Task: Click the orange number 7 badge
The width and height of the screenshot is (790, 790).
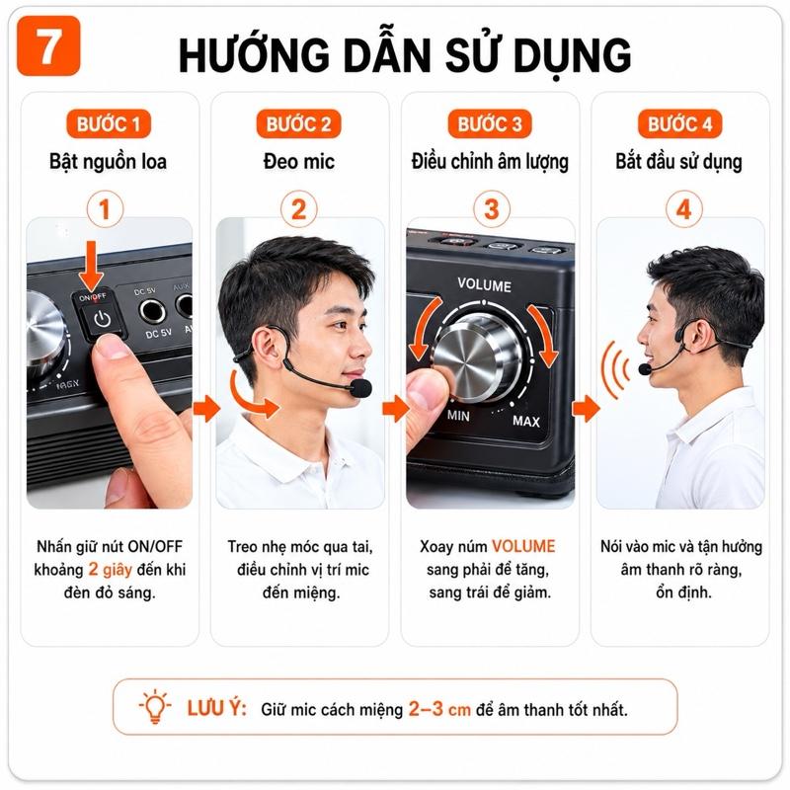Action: [48, 45]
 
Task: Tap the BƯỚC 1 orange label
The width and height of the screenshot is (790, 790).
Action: [109, 124]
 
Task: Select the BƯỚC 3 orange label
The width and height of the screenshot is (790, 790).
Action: [490, 124]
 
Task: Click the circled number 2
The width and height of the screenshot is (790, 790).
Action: [299, 209]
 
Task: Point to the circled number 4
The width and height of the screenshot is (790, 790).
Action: [683, 209]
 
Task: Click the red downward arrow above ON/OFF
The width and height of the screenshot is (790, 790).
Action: [91, 265]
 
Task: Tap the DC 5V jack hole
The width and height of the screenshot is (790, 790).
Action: [152, 311]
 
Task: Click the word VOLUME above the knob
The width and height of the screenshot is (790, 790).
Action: [484, 284]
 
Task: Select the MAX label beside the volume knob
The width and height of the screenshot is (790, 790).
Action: [526, 421]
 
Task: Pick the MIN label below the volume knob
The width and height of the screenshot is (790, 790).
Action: [458, 416]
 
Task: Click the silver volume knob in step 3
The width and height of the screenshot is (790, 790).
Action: [476, 356]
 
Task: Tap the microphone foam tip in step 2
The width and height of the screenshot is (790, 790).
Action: [360, 388]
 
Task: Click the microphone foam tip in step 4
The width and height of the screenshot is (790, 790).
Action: [645, 369]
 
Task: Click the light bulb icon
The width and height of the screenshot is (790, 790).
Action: [155, 707]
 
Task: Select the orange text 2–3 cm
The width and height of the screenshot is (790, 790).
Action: [439, 709]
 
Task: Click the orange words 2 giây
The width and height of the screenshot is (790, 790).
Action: [111, 570]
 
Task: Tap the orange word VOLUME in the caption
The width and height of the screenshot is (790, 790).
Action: [523, 546]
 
